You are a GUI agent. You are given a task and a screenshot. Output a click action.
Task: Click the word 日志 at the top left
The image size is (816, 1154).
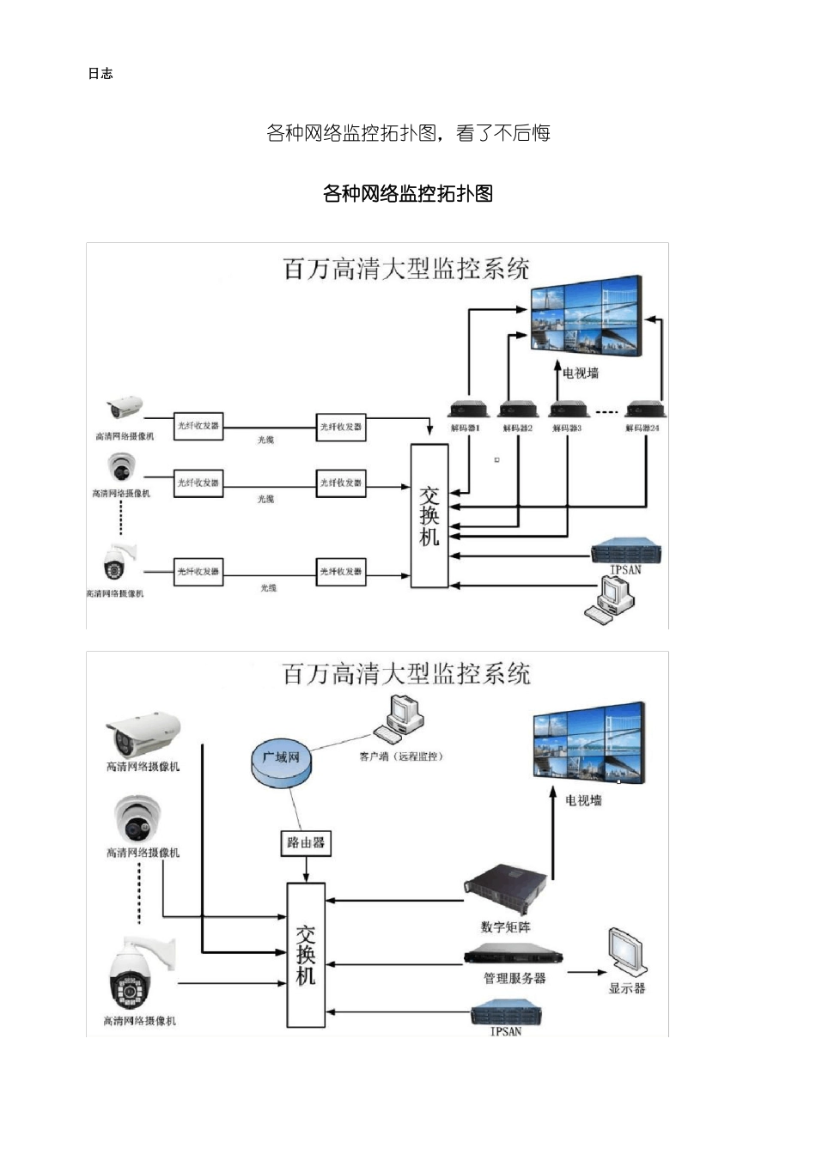(x=100, y=74)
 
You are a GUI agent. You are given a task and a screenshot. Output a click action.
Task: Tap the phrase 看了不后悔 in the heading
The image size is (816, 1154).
(x=503, y=133)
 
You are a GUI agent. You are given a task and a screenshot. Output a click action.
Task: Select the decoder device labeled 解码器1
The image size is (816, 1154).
(x=468, y=410)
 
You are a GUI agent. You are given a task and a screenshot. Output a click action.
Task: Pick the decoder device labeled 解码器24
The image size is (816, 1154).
(x=643, y=410)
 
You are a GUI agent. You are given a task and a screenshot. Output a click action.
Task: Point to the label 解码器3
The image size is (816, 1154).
(x=567, y=428)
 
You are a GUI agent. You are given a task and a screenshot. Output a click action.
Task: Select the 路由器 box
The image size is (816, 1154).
(x=306, y=843)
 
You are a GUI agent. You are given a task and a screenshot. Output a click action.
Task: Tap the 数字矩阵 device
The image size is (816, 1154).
(x=506, y=891)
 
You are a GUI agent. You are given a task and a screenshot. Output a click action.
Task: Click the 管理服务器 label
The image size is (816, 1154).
(x=515, y=978)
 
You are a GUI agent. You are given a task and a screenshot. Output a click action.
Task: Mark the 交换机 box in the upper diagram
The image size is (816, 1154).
(x=429, y=516)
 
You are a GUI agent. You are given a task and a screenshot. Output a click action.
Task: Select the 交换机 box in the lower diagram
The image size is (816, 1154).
(x=306, y=955)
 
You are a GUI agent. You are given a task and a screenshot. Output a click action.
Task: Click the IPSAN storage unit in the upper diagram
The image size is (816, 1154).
(x=626, y=550)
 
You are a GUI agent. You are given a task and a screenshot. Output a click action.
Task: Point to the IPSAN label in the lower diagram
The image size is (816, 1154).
(x=506, y=1031)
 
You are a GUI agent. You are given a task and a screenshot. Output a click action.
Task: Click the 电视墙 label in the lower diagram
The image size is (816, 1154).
(x=584, y=800)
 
